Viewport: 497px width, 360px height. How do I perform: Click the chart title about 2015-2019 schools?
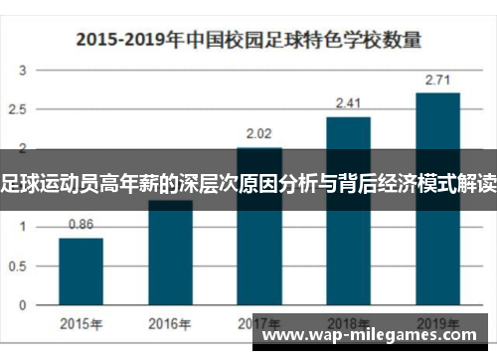248,41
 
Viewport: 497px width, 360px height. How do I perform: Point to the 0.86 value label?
81,225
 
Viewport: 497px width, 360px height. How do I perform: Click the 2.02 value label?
259,132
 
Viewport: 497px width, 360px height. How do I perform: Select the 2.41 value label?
349,102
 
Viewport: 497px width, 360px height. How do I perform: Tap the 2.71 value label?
437,79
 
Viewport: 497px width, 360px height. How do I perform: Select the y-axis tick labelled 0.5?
20,265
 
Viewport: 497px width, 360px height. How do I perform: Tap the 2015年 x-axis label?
81,323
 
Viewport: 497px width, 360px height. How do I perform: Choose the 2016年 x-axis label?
170,323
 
